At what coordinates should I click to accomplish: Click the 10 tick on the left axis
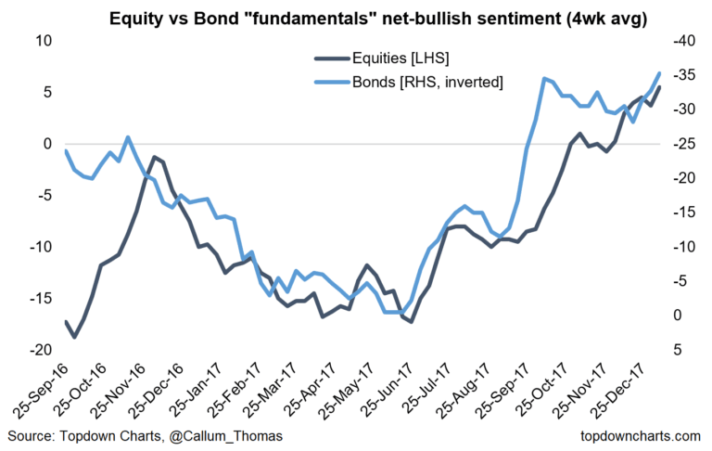click(x=42, y=41)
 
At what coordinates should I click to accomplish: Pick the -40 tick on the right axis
click(x=683, y=41)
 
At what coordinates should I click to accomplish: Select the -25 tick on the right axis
click(x=683, y=144)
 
